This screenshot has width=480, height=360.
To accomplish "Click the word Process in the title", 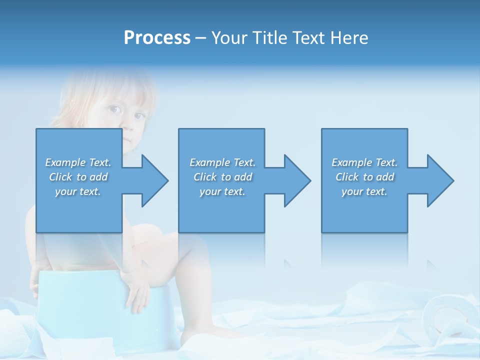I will [x=157, y=38].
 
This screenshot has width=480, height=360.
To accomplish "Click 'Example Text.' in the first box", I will [x=78, y=162].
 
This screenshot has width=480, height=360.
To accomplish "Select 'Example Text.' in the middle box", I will [x=222, y=162].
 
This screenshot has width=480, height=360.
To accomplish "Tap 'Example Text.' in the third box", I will [x=364, y=162].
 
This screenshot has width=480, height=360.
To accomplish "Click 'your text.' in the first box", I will [x=78, y=191].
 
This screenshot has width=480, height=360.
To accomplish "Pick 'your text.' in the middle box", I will [x=222, y=191].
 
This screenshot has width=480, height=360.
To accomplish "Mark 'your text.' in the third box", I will [x=364, y=191].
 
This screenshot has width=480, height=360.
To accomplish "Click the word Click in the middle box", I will [x=205, y=177].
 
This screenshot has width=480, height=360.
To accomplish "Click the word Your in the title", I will [x=227, y=38].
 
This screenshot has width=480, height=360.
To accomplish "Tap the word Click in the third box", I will [x=347, y=177].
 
